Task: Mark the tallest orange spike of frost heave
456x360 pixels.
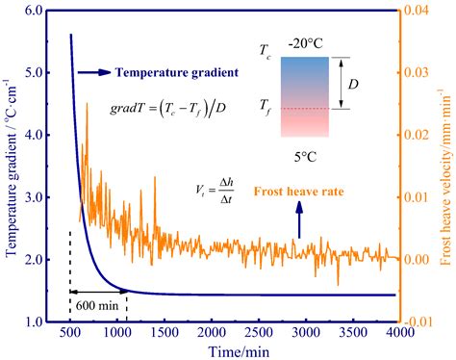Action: tap(88, 104)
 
